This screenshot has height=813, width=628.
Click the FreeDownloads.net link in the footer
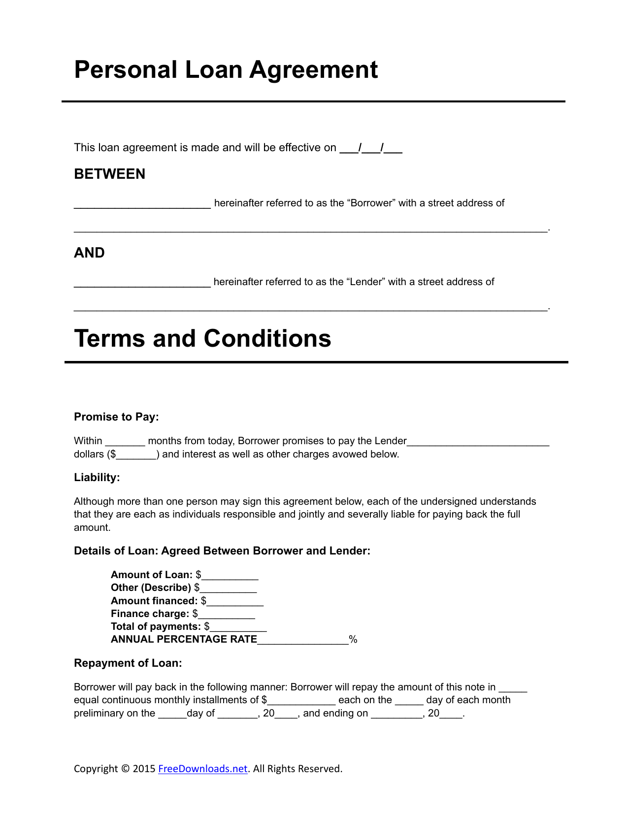202,769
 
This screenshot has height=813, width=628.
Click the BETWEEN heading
109,174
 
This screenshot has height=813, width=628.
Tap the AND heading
89,253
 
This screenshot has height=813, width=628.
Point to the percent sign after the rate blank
353,640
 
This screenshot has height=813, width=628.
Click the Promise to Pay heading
116,417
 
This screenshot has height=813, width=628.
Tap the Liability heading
97,478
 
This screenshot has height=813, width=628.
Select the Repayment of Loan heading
128,663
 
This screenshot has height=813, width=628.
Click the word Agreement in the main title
313,70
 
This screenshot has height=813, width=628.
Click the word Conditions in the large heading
267,339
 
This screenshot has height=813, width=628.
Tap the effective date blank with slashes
371,148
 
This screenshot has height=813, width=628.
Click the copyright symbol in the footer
125,769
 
